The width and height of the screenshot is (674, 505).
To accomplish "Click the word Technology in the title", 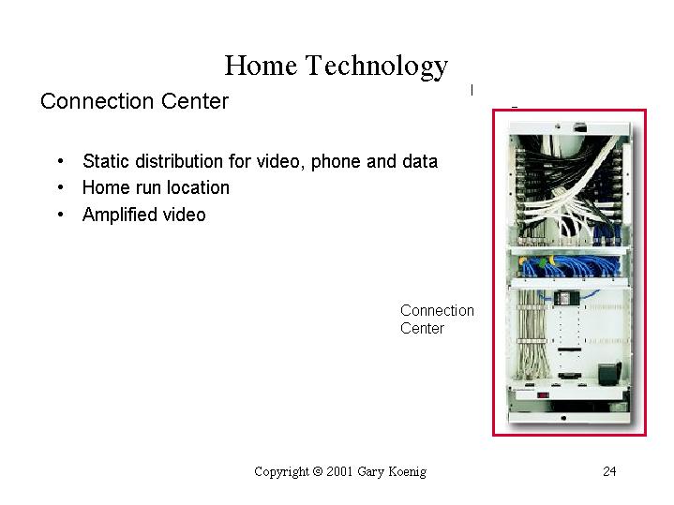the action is (x=377, y=67).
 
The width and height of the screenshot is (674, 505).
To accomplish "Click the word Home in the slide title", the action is (x=261, y=66).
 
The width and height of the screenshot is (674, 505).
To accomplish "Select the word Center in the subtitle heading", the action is (x=195, y=101).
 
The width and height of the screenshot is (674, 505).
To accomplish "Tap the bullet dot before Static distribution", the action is (x=61, y=161).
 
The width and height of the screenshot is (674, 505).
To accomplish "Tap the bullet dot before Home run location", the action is (x=61, y=187).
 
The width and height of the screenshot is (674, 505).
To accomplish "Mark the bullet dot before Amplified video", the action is (x=61, y=215).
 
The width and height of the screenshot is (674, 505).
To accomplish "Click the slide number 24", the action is (x=609, y=471).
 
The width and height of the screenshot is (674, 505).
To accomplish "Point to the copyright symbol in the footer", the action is (x=318, y=471).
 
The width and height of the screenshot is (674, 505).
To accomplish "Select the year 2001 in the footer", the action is (x=339, y=471).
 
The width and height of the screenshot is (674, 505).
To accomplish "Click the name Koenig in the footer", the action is (x=408, y=472).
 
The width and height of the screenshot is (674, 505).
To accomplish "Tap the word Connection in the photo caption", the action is (x=437, y=310).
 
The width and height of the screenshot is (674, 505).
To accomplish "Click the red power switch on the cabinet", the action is (x=543, y=394).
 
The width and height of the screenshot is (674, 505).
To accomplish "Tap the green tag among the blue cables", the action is (x=544, y=261).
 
